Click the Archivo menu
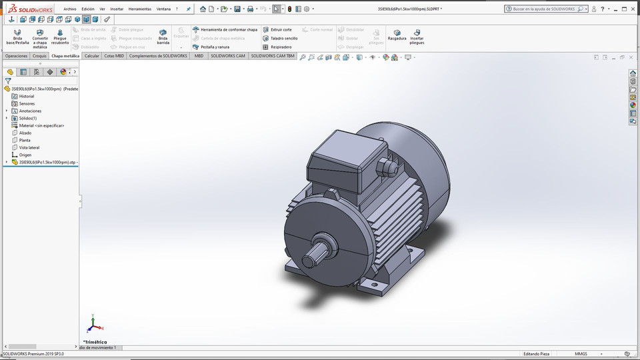coord(70,9)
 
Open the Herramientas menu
coord(139,9)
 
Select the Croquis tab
coord(39,56)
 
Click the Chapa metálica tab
coord(65,56)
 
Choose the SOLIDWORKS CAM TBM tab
coord(273,56)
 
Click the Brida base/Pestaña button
coord(17,36)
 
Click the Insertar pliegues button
coord(417,36)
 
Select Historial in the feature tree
coord(26,96)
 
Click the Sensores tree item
coord(26,103)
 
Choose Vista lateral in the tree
coord(29,147)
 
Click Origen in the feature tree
coord(25,155)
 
